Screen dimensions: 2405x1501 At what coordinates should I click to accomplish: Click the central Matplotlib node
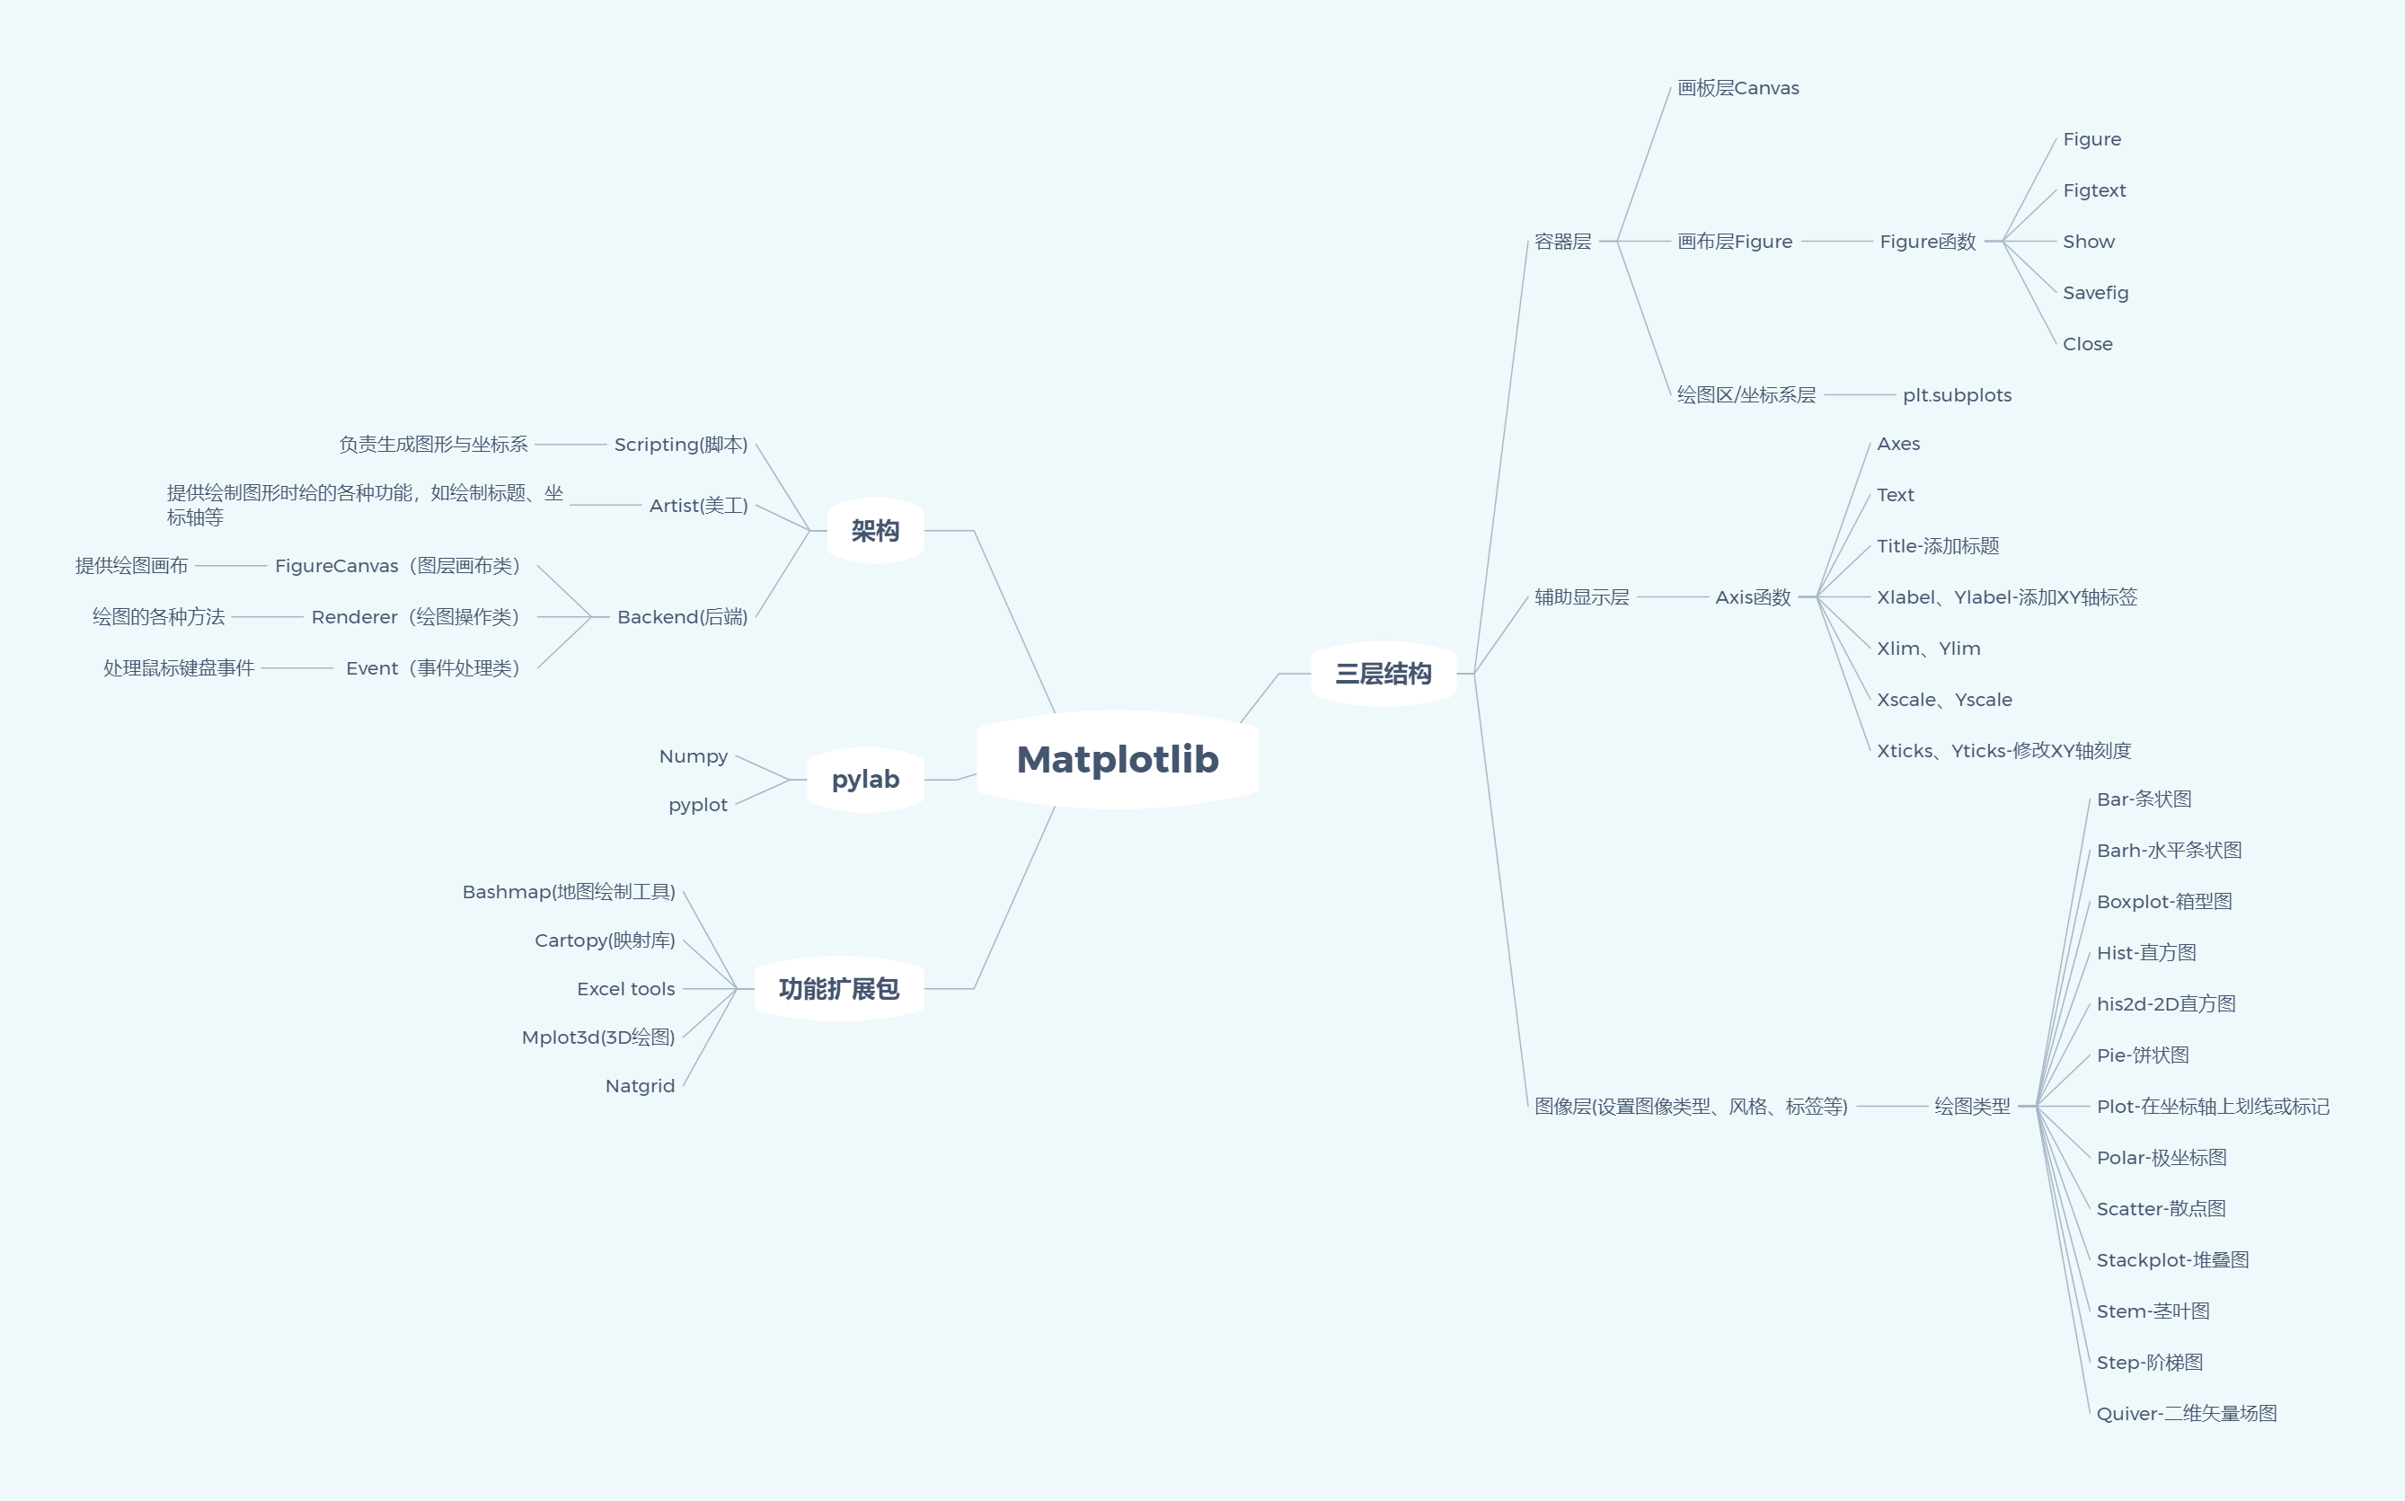tap(1118, 759)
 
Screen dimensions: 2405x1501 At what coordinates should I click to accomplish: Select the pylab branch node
tap(865, 780)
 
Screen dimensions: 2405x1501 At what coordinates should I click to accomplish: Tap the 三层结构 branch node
tap(1383, 674)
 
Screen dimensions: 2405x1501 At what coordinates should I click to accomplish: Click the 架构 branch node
tap(874, 531)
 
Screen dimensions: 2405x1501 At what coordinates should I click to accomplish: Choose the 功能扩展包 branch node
tap(839, 989)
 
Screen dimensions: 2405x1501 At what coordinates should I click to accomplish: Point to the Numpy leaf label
tap(693, 756)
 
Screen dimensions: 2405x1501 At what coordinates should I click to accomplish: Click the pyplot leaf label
tap(698, 805)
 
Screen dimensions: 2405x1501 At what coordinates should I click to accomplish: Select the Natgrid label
tap(641, 1086)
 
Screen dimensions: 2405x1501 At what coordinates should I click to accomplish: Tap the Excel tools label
tap(625, 989)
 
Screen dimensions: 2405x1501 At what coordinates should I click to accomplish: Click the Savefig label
tap(2095, 293)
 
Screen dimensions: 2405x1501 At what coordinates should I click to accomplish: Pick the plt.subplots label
tap(1957, 395)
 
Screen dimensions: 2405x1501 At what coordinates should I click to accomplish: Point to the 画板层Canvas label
tap(1738, 88)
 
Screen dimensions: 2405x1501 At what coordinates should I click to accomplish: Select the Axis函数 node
tap(1753, 597)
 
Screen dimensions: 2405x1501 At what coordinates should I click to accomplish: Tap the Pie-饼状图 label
tap(2143, 1055)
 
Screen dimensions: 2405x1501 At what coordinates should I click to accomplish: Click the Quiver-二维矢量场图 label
tap(2187, 1414)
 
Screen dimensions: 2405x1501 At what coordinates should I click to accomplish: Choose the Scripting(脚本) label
tap(681, 445)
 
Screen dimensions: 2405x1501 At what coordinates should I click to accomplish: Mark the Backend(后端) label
tap(682, 617)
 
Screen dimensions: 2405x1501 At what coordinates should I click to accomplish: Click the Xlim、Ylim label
tap(1929, 649)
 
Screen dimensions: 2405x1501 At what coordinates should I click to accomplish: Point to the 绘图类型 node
tap(1972, 1106)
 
